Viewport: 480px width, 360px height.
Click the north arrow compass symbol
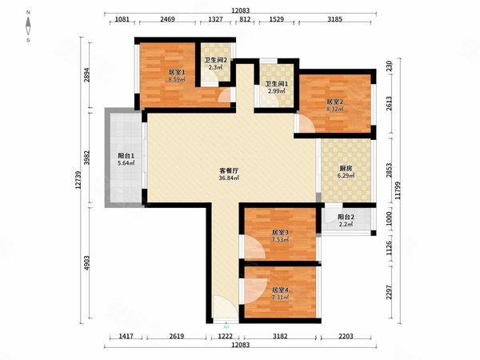28,26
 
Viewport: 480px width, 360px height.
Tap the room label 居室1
177,73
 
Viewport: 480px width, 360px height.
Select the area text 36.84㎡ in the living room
229,178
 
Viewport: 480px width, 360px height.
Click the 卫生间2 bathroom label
216,60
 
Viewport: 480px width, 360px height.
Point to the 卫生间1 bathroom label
277,83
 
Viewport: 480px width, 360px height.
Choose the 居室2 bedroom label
335,102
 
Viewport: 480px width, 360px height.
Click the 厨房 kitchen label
346,168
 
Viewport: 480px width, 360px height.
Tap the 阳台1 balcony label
126,155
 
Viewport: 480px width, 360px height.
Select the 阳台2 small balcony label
346,217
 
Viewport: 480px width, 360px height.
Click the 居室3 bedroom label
281,232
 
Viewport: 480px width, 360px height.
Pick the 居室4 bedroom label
281,290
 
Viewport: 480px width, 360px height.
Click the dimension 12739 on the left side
78,180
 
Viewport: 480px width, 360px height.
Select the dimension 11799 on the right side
398,190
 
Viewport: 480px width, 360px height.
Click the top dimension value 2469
167,19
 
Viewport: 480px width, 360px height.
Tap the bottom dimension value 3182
280,337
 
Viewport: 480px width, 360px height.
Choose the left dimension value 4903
87,263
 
